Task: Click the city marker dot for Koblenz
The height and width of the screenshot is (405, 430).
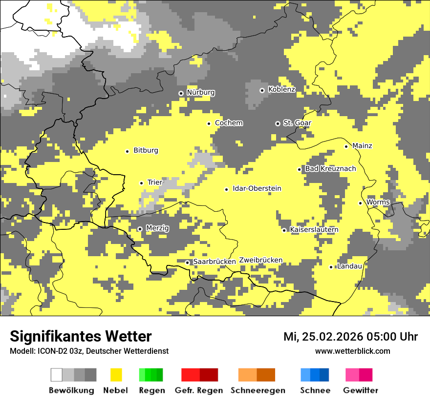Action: point(262,90)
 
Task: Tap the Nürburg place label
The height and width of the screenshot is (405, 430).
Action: point(200,92)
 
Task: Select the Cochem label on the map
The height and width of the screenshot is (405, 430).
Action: point(229,123)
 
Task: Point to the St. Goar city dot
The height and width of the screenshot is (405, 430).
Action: point(278,123)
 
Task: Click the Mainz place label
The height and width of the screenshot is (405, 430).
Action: point(362,146)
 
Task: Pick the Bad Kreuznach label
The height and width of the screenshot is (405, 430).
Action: point(330,169)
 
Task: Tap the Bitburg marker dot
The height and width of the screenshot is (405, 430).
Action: point(127,151)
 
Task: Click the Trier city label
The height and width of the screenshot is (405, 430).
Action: point(155,182)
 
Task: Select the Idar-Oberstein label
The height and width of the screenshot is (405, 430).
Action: point(257,189)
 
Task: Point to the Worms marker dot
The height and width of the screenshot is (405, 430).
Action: point(360,203)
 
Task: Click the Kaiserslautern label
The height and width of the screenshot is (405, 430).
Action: point(314,230)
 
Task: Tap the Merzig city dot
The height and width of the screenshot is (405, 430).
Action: point(140,228)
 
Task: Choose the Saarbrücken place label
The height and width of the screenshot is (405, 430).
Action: point(215,262)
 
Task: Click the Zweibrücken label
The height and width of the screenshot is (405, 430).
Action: point(261,260)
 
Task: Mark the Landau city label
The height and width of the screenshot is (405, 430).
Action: point(349,266)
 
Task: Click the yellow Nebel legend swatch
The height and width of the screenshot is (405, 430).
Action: point(116,375)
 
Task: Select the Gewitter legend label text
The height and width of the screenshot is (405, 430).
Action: point(360,390)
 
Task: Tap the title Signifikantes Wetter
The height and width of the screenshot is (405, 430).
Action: point(81,337)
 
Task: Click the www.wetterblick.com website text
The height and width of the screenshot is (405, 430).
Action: point(352,351)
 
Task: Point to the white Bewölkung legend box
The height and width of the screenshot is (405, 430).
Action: point(57,375)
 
